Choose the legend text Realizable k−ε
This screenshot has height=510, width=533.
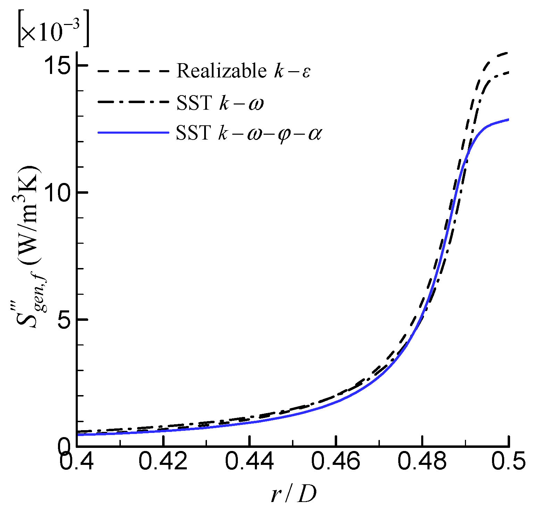pos(243,71)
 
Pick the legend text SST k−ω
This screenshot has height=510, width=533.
pos(220,103)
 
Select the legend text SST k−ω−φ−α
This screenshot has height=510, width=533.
pos(249,133)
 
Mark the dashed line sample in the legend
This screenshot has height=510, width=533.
pos(133,71)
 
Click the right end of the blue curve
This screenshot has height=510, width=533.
pos(508,120)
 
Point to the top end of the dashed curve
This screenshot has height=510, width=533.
pos(508,53)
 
